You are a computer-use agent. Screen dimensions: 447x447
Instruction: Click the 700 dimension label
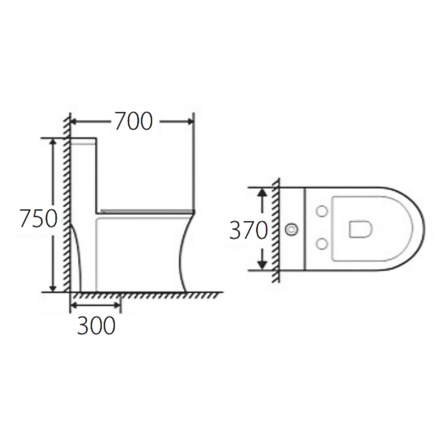click(134, 121)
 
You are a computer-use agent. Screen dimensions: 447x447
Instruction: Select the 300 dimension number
click(96, 326)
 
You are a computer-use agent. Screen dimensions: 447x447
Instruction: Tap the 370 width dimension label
click(248, 230)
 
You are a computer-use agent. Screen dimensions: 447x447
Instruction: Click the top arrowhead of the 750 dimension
click(53, 142)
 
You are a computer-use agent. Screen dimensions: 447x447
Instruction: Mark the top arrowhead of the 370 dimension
click(262, 192)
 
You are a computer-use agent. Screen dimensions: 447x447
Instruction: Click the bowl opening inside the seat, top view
click(360, 229)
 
